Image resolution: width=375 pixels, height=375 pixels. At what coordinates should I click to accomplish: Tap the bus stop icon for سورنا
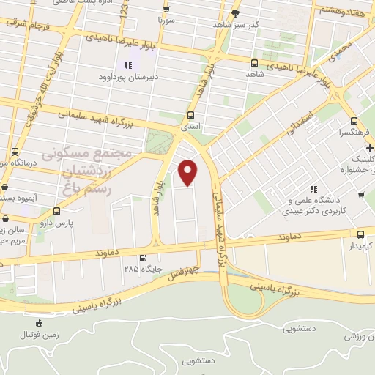166,10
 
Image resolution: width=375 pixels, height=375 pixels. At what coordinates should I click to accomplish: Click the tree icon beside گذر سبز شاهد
235,13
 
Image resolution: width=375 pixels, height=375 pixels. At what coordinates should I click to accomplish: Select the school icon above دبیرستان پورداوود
128,66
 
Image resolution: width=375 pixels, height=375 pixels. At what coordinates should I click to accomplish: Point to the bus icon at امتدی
191,115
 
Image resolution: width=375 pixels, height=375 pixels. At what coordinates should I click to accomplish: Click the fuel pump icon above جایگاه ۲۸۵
142,258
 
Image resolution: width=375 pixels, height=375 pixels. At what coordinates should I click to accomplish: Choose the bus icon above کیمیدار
360,234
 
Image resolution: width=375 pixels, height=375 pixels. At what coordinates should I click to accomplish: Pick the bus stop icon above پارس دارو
57,211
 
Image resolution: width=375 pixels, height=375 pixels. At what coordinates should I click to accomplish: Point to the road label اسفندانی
302,119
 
